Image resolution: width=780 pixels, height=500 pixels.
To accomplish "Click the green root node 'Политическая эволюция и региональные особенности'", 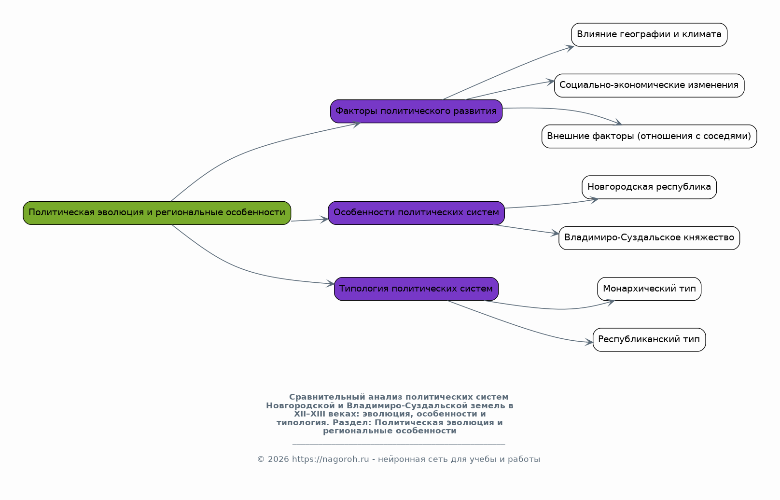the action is tap(157, 213).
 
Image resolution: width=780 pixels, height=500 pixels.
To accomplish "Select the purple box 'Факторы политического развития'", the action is tap(416, 111).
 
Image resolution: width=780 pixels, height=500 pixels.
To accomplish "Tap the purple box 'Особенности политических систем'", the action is tap(416, 213).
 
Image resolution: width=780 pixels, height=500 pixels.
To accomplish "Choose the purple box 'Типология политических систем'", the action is tap(416, 289).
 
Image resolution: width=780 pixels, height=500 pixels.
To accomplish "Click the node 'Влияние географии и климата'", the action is tap(649, 34).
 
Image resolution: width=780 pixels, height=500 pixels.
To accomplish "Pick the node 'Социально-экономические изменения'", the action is tap(649, 85).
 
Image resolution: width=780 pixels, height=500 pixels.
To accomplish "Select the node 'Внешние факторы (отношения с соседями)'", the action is tap(649, 136).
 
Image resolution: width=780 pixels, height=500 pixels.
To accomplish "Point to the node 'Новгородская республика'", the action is tap(649, 187).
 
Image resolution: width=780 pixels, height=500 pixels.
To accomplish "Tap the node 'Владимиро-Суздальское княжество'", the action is tap(649, 238).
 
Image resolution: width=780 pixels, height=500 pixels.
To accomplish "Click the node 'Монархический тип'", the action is tap(649, 289).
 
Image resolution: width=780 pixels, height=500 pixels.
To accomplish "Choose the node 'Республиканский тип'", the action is tap(649, 339).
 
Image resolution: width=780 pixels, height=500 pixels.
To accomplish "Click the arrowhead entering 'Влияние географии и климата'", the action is tap(570, 48).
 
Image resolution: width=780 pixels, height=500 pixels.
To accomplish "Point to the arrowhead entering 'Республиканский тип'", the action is tap(589, 343).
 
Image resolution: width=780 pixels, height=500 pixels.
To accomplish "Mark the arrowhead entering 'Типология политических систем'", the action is tap(330, 284).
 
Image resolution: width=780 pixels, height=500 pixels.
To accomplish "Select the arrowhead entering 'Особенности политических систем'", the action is tap(324, 220).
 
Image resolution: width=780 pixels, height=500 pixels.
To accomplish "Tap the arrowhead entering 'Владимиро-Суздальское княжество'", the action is tap(555, 234).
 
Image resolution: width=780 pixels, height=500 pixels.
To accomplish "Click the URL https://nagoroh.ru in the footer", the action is tap(330, 459).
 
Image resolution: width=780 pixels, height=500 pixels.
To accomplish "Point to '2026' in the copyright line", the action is tap(278, 459).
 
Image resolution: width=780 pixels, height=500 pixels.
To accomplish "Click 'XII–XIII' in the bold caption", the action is tap(306, 414).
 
